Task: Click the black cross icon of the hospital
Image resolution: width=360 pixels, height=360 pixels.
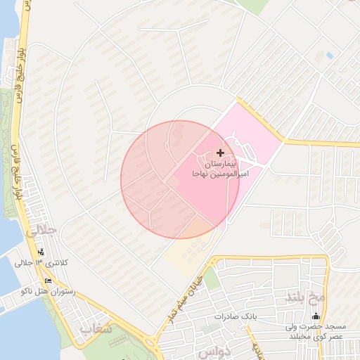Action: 220,153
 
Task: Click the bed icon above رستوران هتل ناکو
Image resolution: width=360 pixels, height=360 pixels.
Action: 48,281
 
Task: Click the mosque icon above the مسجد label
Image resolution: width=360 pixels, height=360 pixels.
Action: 316,316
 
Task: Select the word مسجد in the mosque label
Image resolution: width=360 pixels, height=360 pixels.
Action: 345,326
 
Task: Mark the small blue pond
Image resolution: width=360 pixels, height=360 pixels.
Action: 330,55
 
